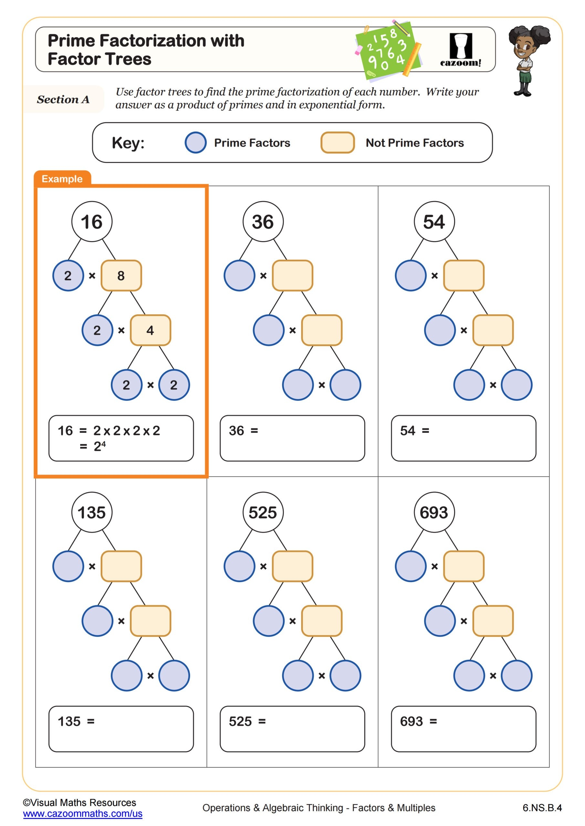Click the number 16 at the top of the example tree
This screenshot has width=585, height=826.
coord(92,222)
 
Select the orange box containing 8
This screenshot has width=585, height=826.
coord(121,276)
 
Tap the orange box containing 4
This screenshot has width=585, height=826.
coord(150,330)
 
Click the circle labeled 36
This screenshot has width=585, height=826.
coord(263,222)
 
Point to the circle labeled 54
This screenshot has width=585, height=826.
coord(434,222)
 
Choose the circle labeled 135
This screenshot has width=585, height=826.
coord(92,512)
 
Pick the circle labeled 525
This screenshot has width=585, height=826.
coord(263,512)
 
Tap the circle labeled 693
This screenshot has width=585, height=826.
coord(434,512)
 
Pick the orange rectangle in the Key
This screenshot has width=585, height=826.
coord(338,143)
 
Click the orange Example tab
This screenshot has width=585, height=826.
coord(62,179)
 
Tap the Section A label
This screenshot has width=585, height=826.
coord(63,99)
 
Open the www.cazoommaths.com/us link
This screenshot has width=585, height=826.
coord(82,813)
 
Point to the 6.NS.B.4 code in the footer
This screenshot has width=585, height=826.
coord(542,808)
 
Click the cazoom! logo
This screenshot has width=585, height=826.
coord(460,50)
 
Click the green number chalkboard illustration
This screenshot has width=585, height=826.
coord(388,50)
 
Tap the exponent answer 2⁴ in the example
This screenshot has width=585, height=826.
coord(99,447)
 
